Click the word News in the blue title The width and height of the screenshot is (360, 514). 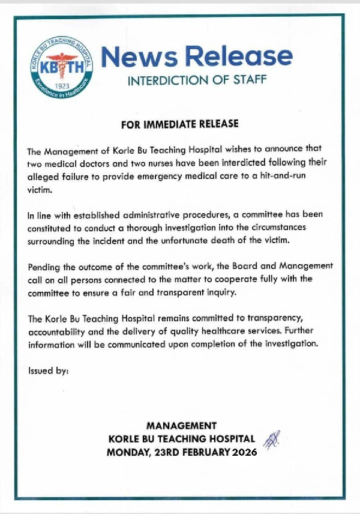tap(140, 56)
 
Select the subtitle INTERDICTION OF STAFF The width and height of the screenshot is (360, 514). tap(197, 80)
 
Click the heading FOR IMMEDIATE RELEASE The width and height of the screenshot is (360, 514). tap(179, 124)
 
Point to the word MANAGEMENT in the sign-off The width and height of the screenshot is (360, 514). tap(181, 426)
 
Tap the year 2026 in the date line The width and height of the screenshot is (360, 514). tap(244, 452)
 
